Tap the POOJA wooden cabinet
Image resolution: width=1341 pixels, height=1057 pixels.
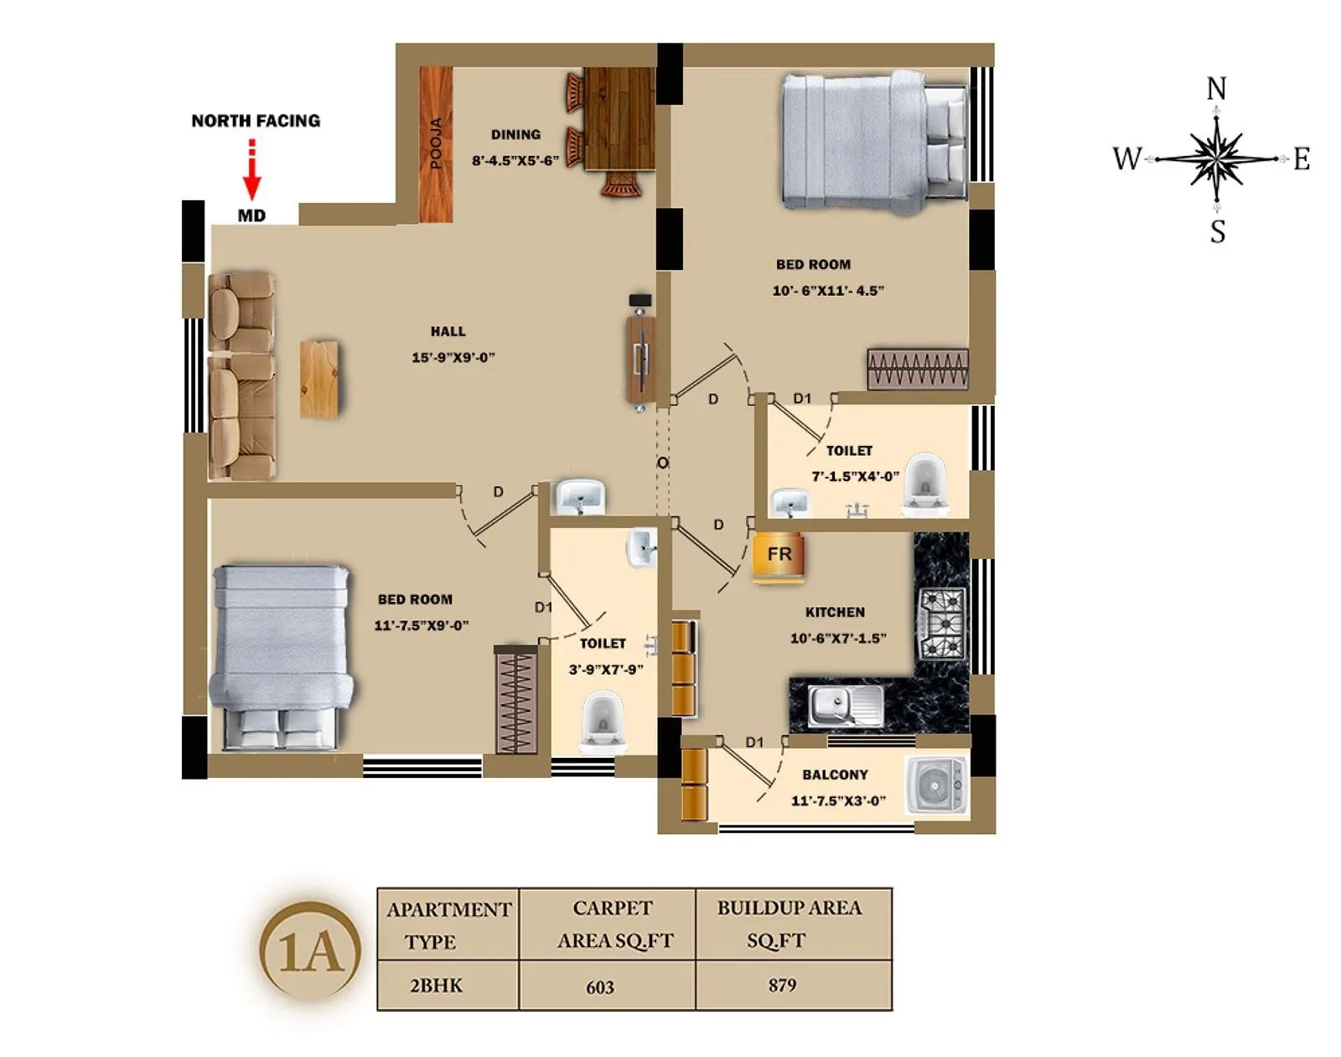436,144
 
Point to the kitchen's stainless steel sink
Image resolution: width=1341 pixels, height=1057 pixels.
845,703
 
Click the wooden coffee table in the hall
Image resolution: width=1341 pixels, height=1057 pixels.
319,379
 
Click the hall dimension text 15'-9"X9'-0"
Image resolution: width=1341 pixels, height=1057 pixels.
453,358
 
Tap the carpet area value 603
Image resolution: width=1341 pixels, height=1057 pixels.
600,987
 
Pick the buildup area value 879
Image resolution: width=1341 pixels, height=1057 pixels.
782,985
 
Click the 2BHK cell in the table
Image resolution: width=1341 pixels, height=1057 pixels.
436,986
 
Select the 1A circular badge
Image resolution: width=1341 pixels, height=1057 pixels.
311,951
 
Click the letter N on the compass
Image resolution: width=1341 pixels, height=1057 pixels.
1216,89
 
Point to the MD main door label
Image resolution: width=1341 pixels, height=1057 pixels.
251,216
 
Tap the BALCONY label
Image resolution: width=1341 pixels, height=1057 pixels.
835,775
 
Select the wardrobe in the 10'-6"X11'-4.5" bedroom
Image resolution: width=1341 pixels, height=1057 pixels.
918,370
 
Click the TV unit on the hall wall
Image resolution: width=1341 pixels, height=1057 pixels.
641,359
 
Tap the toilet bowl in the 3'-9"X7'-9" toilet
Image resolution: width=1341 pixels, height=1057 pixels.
601,720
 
